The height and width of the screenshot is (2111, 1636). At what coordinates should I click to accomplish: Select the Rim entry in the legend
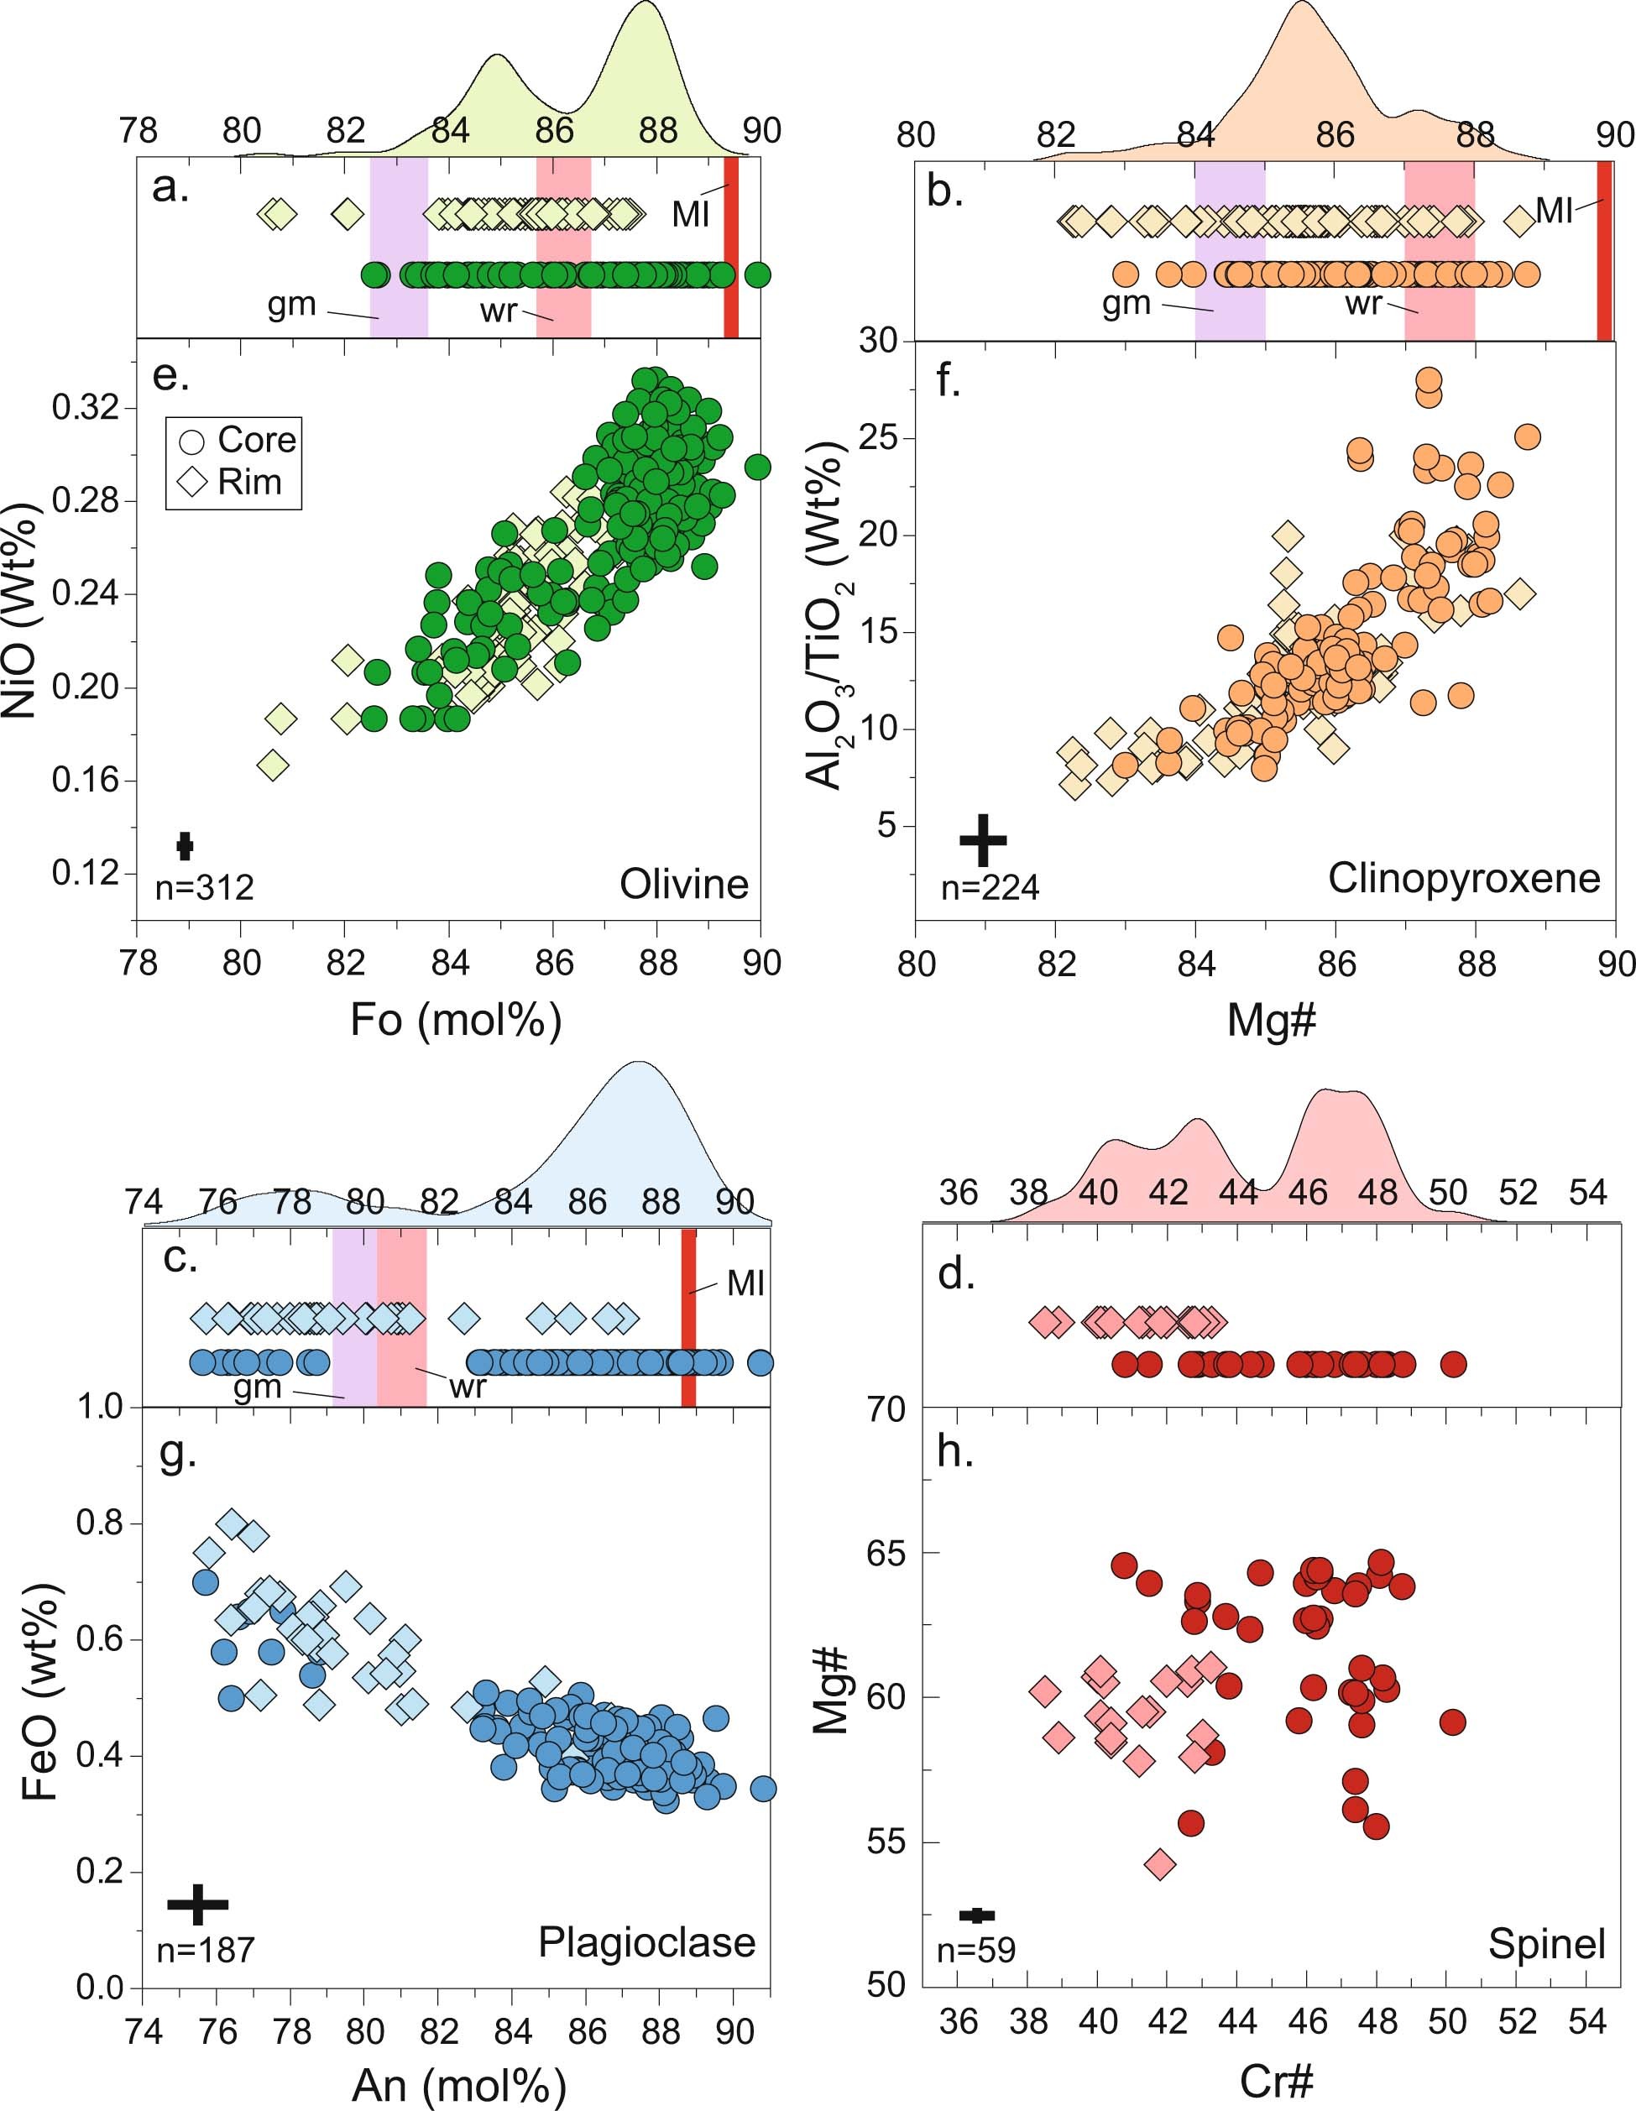pyautogui.click(x=237, y=481)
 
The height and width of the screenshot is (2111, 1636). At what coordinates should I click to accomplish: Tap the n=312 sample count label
pyautogui.click(x=204, y=886)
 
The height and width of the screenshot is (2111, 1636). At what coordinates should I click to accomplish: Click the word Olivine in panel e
pyautogui.click(x=683, y=885)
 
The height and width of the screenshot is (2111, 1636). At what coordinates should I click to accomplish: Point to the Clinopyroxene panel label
pyautogui.click(x=1463, y=879)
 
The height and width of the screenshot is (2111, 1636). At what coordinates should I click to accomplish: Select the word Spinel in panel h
pyautogui.click(x=1545, y=1944)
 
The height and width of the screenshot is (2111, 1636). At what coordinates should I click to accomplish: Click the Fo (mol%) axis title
pyautogui.click(x=456, y=1020)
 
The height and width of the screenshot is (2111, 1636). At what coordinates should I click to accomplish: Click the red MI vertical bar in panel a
pyautogui.click(x=731, y=247)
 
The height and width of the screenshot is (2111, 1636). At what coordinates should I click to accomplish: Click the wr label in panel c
pyautogui.click(x=466, y=1387)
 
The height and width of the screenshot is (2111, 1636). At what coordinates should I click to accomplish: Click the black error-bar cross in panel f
pyautogui.click(x=982, y=839)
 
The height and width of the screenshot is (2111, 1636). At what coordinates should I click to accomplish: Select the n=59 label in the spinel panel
pyautogui.click(x=975, y=1951)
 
